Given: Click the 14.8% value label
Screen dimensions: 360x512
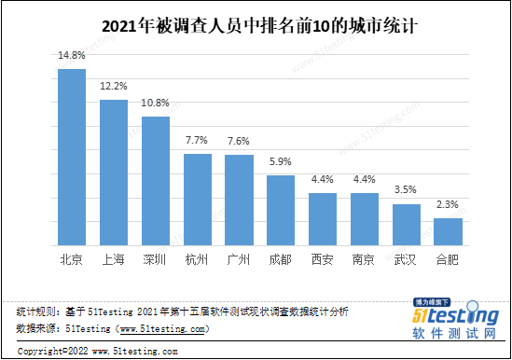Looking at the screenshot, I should pyautogui.click(x=72, y=56).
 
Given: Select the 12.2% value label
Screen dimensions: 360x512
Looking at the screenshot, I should pyautogui.click(x=114, y=87).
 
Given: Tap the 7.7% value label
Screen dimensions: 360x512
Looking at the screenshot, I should pyautogui.click(x=197, y=140).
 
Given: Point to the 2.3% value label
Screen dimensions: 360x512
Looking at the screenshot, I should pyautogui.click(x=449, y=205).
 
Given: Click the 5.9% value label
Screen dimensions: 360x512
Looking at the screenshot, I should pyautogui.click(x=281, y=161).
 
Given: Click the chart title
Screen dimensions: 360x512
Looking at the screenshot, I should pyautogui.click(x=256, y=24).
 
